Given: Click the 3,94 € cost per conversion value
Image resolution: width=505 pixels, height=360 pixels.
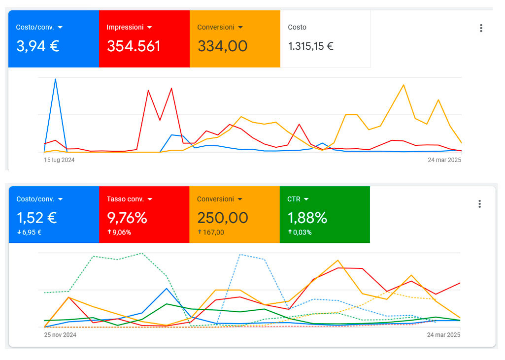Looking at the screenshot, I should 37,46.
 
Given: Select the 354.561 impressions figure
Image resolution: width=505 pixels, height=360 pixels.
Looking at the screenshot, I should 134,46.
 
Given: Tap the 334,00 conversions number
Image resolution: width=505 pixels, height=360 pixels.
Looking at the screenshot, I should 222,46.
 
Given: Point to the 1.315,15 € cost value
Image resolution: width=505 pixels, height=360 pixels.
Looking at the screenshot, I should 310,46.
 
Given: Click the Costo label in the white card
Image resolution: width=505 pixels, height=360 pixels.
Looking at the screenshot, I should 297,28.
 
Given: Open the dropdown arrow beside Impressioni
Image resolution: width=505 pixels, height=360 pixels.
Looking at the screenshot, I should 150,28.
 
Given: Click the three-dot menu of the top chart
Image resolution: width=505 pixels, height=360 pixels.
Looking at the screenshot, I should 481,28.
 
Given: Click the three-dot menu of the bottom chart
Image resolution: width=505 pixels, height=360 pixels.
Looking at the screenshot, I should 479,204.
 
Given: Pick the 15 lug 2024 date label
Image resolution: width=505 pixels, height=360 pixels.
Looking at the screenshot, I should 59,160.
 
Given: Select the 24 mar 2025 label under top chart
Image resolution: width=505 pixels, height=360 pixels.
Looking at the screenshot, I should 444,160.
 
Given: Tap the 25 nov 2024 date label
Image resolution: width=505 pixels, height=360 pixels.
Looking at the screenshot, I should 60,335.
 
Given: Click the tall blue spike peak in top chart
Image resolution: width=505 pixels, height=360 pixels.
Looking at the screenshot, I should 55,79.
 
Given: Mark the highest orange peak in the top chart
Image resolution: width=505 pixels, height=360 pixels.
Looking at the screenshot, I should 404,85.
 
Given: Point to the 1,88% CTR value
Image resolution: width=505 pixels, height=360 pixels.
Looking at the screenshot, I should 307,218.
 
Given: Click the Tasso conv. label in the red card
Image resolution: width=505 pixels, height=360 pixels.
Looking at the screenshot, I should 125,199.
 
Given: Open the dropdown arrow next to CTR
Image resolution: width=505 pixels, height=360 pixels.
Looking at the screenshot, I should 306,199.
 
